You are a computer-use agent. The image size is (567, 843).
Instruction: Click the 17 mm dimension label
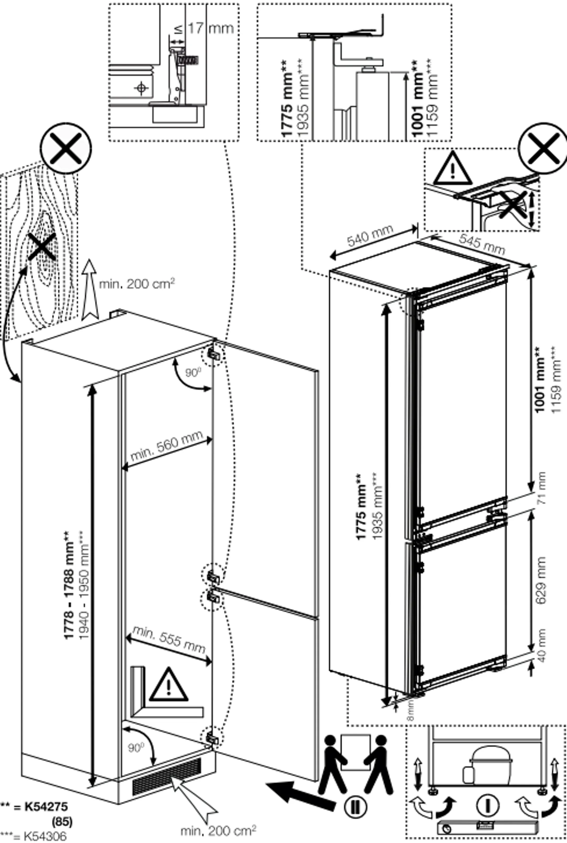coord(211,28)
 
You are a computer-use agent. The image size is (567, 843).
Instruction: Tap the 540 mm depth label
coord(370,236)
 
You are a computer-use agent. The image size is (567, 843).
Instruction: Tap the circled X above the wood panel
coord(66,148)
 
